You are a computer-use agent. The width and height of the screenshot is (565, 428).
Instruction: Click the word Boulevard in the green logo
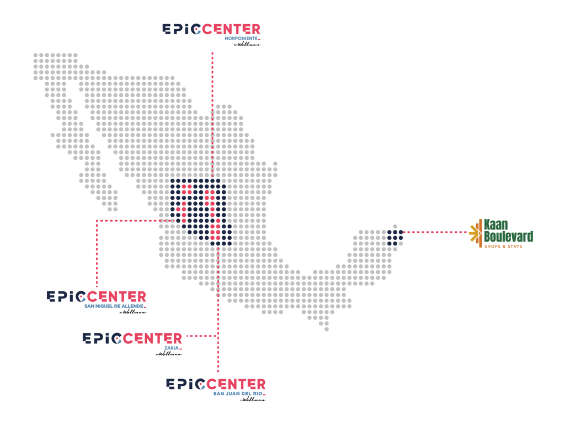[508, 237]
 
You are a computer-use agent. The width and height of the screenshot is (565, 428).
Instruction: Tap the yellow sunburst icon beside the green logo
[473, 233]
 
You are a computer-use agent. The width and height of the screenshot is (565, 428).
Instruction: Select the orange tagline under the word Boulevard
[503, 246]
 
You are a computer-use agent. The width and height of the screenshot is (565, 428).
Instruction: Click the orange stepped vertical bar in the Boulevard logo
[480, 233]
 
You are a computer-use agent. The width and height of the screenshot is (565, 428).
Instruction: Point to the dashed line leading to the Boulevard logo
[436, 232]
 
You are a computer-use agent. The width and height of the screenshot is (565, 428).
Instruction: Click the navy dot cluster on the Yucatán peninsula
[395, 237]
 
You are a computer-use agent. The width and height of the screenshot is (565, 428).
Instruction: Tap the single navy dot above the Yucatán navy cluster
[395, 226]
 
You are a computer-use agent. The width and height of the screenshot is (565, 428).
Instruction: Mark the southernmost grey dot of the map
[327, 329]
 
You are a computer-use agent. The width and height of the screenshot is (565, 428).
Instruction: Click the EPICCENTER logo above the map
[211, 30]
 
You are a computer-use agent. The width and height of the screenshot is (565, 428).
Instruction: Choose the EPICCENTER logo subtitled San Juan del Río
[216, 385]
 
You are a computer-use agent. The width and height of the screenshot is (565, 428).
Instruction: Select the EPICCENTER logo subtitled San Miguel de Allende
[97, 298]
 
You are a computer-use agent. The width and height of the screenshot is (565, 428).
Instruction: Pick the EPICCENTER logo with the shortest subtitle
[132, 339]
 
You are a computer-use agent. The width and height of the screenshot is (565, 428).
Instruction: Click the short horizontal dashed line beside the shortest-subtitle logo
[201, 336]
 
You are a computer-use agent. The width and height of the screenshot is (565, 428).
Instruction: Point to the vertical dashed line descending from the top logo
[212, 110]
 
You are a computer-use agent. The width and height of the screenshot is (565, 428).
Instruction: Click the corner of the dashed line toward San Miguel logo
[97, 221]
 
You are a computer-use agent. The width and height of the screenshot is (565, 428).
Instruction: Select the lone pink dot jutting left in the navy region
[178, 209]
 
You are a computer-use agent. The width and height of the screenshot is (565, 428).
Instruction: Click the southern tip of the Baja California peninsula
[113, 209]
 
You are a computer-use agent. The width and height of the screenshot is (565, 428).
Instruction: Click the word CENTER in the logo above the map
[231, 29]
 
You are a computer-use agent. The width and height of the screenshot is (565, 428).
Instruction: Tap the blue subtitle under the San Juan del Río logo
[237, 393]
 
